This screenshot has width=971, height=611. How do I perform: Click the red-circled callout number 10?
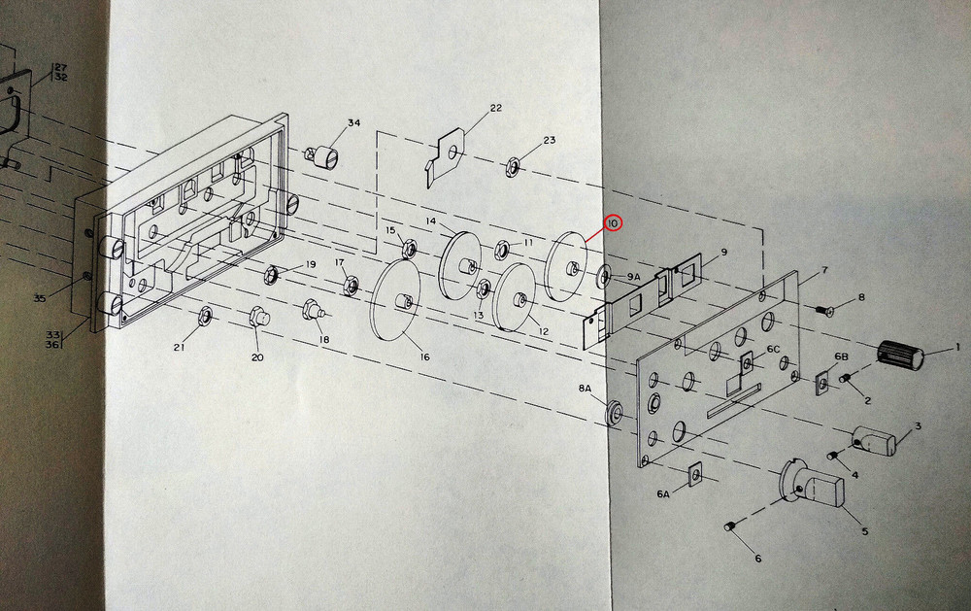click(x=613, y=222)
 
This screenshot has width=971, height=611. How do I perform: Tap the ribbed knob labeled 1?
click(x=900, y=356)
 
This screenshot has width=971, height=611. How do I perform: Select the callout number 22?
click(x=495, y=108)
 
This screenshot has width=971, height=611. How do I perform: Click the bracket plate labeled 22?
click(x=446, y=154)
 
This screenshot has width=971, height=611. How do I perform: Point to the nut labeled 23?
click(x=511, y=167)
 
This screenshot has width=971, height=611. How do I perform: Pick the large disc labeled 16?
click(x=396, y=300)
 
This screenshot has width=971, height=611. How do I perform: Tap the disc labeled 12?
click(x=517, y=297)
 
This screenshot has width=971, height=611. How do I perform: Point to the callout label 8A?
click(x=586, y=389)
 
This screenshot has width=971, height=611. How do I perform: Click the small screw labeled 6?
click(x=729, y=526)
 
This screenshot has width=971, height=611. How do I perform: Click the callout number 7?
click(x=823, y=270)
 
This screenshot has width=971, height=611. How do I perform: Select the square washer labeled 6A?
click(x=695, y=472)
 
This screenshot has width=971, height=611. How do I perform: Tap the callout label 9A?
click(x=633, y=278)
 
